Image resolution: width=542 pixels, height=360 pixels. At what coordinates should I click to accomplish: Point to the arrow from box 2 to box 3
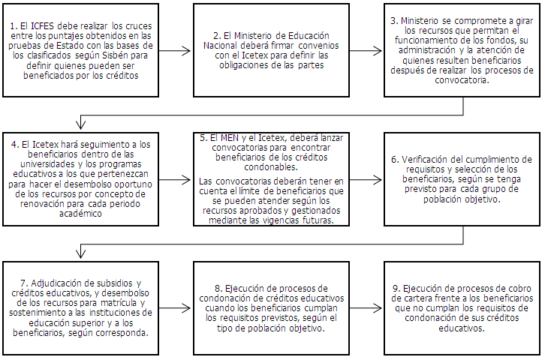click(366, 52)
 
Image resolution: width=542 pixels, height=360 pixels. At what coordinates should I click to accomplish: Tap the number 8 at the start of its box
click(216, 288)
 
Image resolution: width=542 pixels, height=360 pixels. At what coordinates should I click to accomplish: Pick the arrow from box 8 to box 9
click(366, 308)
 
